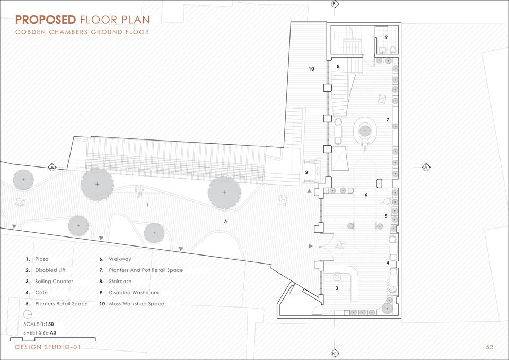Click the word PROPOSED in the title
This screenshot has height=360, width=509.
[46, 20]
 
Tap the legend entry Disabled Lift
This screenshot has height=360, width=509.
[50, 270]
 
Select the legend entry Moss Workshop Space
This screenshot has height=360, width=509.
[136, 304]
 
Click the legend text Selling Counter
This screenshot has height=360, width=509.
[54, 282]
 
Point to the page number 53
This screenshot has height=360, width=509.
[489, 347]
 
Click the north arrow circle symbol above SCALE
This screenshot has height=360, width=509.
[28, 314]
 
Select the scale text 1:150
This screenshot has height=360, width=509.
[47, 324]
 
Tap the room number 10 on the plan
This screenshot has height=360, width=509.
[311, 69]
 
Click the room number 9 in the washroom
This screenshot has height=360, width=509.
[387, 37]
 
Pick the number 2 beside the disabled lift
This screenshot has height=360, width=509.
[306, 172]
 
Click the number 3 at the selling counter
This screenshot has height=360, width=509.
[337, 288]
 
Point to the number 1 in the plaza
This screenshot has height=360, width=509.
[148, 205]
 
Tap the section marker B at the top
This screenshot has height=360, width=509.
[335, 4]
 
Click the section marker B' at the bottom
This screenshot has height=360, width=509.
[335, 353]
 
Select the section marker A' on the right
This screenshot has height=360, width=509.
[426, 167]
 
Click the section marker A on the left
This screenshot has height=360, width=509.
[52, 168]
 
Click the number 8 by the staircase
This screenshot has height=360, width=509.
[338, 67]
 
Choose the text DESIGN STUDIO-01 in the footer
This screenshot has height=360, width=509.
[48, 347]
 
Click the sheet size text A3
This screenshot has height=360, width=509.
[53, 333]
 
